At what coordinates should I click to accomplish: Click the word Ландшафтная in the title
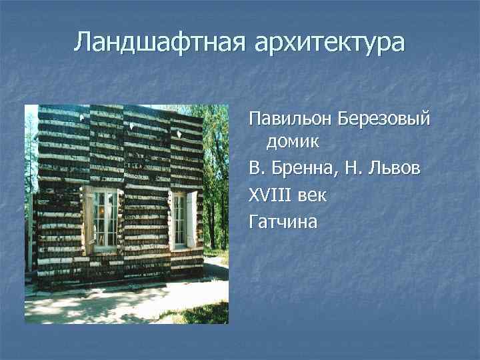(160, 42)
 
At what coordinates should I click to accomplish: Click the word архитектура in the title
(329, 42)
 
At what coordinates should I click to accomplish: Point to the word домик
(293, 141)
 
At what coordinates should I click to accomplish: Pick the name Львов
(398, 169)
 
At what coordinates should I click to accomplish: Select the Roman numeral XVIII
(271, 196)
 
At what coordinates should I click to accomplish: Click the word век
(312, 196)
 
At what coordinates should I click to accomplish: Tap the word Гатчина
(283, 222)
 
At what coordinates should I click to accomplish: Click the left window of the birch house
(105, 219)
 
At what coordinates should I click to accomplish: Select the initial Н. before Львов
(357, 169)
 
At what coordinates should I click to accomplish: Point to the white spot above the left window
(82, 117)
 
